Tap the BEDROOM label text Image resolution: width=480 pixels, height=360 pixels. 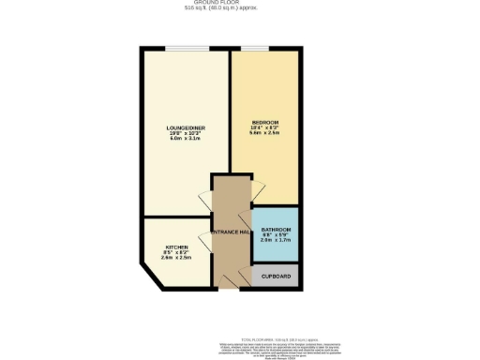coord(265,123)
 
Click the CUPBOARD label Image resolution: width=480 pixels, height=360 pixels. coord(276,277)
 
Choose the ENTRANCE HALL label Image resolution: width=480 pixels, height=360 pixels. coord(230,232)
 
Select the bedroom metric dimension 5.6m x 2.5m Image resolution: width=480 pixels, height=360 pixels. coord(265,134)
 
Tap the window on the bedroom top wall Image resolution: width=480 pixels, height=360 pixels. coord(255,48)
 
